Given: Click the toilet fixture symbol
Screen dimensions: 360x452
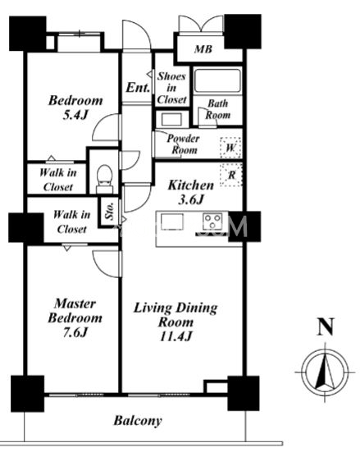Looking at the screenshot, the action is pyautogui.click(x=104, y=179).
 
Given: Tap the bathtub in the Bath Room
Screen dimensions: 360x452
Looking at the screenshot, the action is pyautogui.click(x=217, y=80).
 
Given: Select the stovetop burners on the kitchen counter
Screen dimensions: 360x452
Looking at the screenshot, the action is pyautogui.click(x=212, y=221).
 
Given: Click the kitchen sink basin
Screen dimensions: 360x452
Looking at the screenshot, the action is pyautogui.click(x=172, y=221).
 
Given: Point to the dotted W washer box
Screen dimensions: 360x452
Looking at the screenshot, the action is pyautogui.click(x=230, y=148).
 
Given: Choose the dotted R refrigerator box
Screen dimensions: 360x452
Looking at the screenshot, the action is pyautogui.click(x=231, y=175).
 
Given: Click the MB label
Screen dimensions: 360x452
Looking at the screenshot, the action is pyautogui.click(x=203, y=49).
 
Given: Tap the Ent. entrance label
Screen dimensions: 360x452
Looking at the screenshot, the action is pyautogui.click(x=138, y=87).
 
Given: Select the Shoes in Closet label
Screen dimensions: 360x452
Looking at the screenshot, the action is pyautogui.click(x=171, y=88).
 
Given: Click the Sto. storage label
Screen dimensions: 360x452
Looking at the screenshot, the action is pyautogui.click(x=110, y=212).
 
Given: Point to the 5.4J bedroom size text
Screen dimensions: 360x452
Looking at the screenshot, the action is pyautogui.click(x=75, y=115).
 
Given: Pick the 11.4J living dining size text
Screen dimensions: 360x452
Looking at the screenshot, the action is pyautogui.click(x=175, y=336).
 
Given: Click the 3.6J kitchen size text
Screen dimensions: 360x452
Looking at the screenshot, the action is pyautogui.click(x=191, y=199).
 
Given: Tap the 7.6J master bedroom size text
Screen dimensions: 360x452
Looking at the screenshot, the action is pyautogui.click(x=75, y=332).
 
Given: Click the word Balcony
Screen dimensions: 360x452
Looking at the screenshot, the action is pyautogui.click(x=138, y=421).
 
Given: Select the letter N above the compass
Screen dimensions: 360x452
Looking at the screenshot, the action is pyautogui.click(x=326, y=326).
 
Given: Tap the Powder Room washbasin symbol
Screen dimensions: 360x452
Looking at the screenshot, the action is pyautogui.click(x=171, y=119).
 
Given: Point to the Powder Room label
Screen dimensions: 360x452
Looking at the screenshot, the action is pyautogui.click(x=184, y=144).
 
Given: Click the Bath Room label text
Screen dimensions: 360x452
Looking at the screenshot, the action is pyautogui.click(x=217, y=109).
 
